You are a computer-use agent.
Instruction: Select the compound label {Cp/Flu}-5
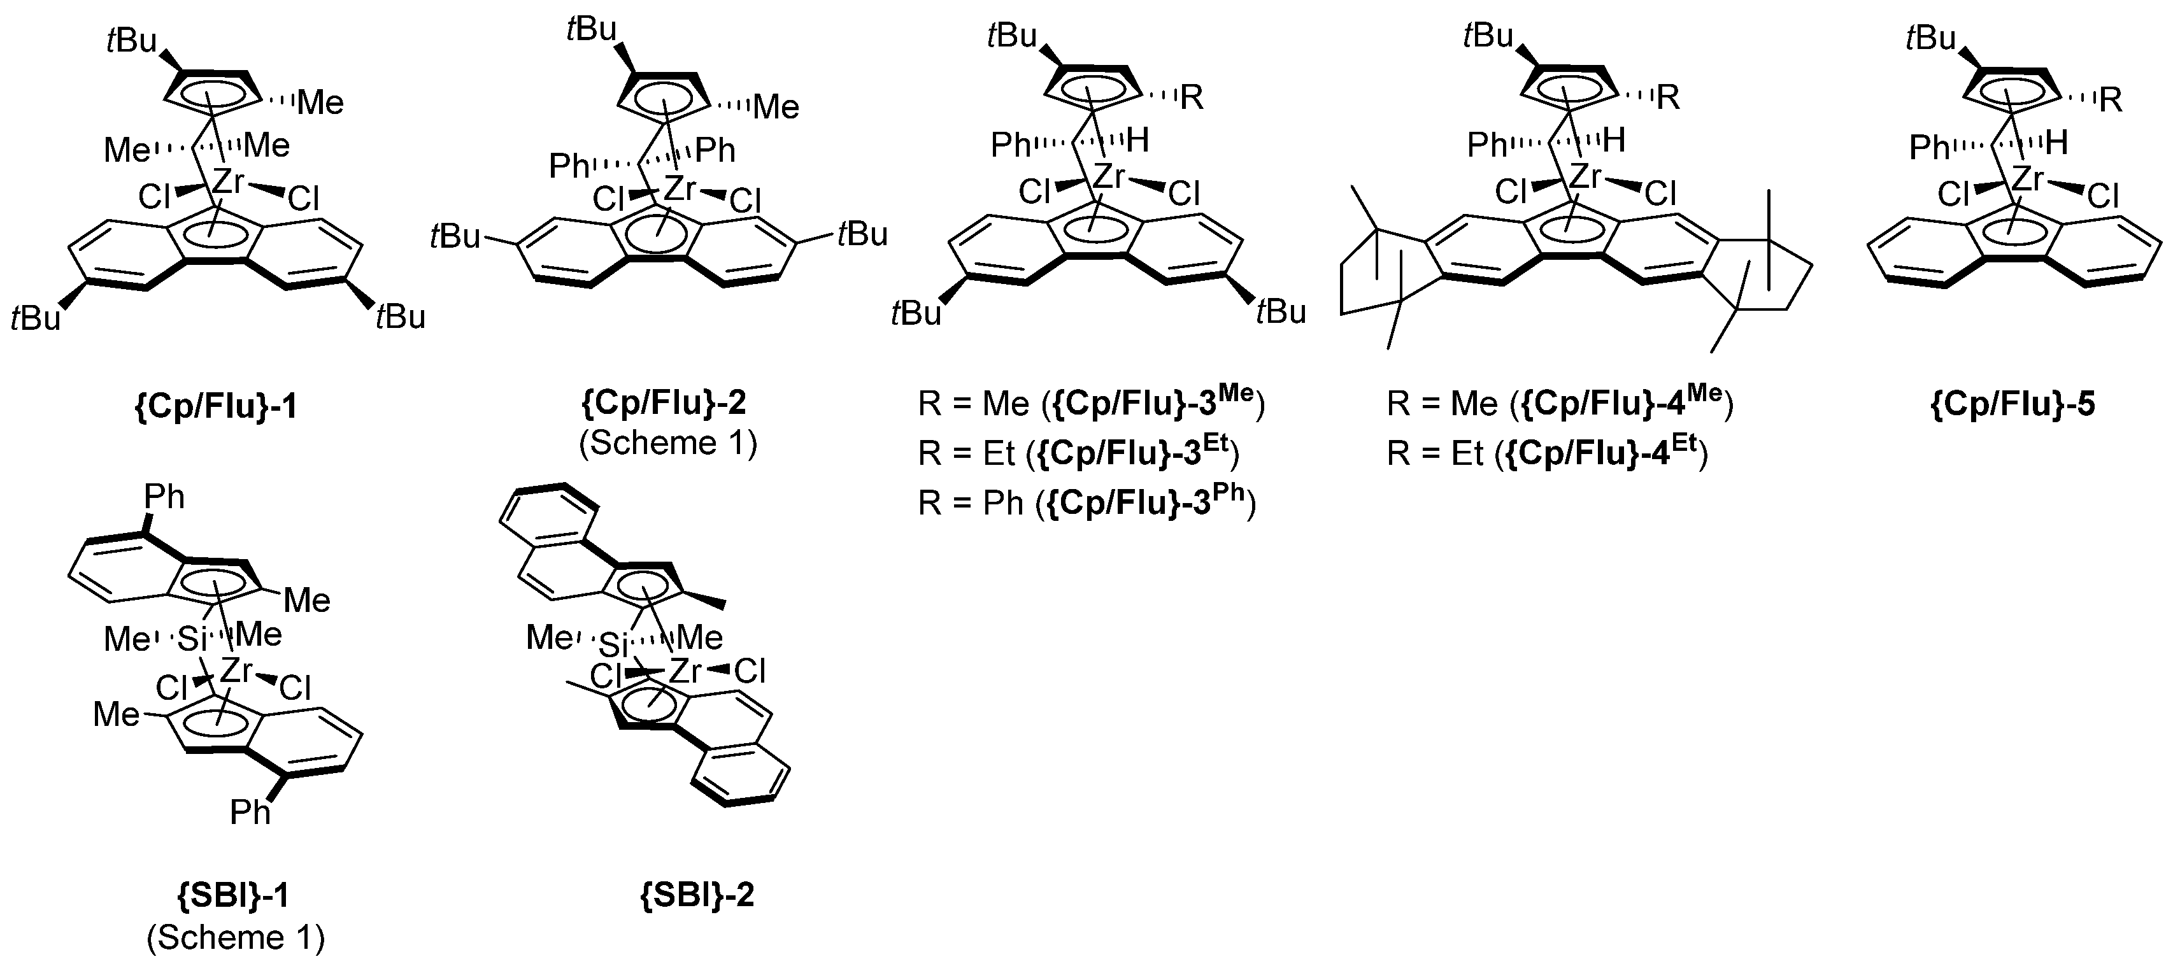(2012, 404)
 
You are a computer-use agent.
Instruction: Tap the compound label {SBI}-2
(697, 894)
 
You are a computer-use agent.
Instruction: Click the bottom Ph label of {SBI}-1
(250, 813)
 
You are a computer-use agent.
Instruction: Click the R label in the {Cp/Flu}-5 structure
(2111, 101)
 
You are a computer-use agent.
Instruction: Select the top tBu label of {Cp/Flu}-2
(593, 29)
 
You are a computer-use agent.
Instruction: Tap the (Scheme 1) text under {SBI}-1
(236, 937)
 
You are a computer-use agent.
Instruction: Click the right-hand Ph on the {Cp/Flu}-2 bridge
(716, 151)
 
